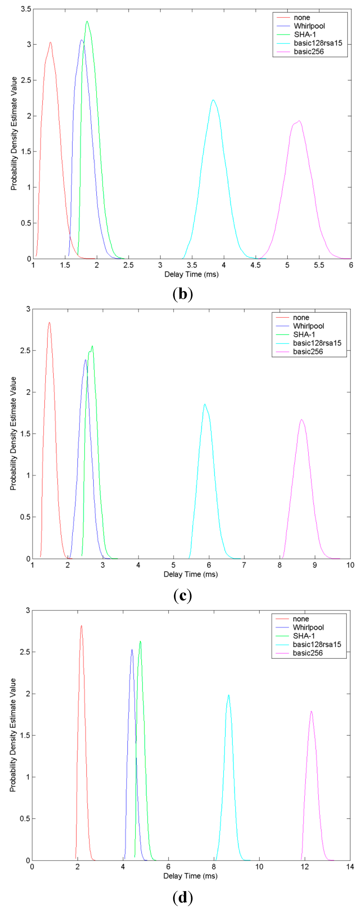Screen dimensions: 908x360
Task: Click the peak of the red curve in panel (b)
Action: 50,43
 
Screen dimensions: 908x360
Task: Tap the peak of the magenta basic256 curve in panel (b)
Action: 299,121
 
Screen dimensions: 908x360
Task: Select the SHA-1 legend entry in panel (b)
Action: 305,34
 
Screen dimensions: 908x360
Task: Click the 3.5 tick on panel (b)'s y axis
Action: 26,9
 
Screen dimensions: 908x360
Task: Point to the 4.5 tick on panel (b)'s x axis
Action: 255,265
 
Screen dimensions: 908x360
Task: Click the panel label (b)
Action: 183,294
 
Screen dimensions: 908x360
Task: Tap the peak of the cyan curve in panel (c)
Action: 205,404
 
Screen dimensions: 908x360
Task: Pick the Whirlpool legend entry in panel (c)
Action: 308,326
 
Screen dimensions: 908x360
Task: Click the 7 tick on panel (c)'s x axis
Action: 244,565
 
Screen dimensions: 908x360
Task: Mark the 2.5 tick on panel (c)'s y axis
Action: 25,351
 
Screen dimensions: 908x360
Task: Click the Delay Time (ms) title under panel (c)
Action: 191,574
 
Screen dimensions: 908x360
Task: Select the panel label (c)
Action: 183,595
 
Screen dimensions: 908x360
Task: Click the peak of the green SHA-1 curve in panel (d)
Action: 140,642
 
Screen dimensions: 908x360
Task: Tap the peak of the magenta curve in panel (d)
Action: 311,711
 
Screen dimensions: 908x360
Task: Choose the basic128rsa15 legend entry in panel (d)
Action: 317,644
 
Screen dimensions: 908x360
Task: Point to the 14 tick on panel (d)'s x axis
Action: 350,867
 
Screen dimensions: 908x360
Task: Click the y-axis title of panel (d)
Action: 13,735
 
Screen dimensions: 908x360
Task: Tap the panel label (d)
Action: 183,897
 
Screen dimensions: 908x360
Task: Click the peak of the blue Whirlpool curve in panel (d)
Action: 132,650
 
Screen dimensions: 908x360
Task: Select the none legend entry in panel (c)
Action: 301,318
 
